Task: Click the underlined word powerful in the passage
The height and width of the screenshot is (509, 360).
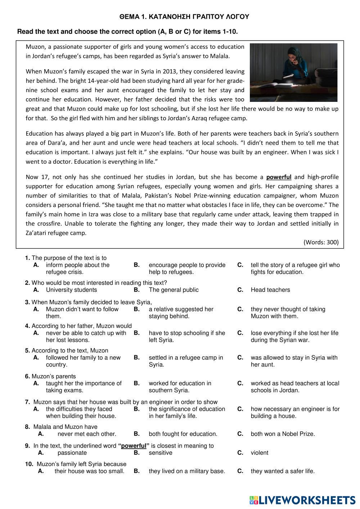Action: (279, 177)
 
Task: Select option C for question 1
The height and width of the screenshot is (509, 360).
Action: (240, 265)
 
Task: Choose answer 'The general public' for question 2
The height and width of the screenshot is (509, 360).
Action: (174, 290)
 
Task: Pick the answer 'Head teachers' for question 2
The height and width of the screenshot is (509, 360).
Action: (270, 290)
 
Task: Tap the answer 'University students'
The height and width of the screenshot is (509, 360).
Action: (71, 290)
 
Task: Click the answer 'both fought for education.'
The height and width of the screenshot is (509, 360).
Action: (183, 434)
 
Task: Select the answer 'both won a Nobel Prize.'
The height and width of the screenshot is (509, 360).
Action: (283, 434)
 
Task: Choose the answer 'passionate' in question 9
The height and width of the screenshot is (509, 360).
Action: (72, 453)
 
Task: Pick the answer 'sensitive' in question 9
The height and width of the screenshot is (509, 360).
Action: (160, 453)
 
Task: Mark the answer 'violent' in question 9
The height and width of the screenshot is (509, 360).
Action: (259, 453)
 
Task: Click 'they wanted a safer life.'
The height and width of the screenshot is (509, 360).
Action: (283, 471)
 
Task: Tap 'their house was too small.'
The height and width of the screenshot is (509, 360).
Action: (89, 471)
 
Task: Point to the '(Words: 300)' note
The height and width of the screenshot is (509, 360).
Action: (321, 242)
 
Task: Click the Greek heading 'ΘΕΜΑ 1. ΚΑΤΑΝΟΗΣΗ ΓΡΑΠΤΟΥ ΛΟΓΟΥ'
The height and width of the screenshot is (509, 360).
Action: (184, 17)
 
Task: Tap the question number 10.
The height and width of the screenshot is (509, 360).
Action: (29, 464)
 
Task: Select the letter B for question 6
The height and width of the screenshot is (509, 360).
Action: (136, 383)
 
